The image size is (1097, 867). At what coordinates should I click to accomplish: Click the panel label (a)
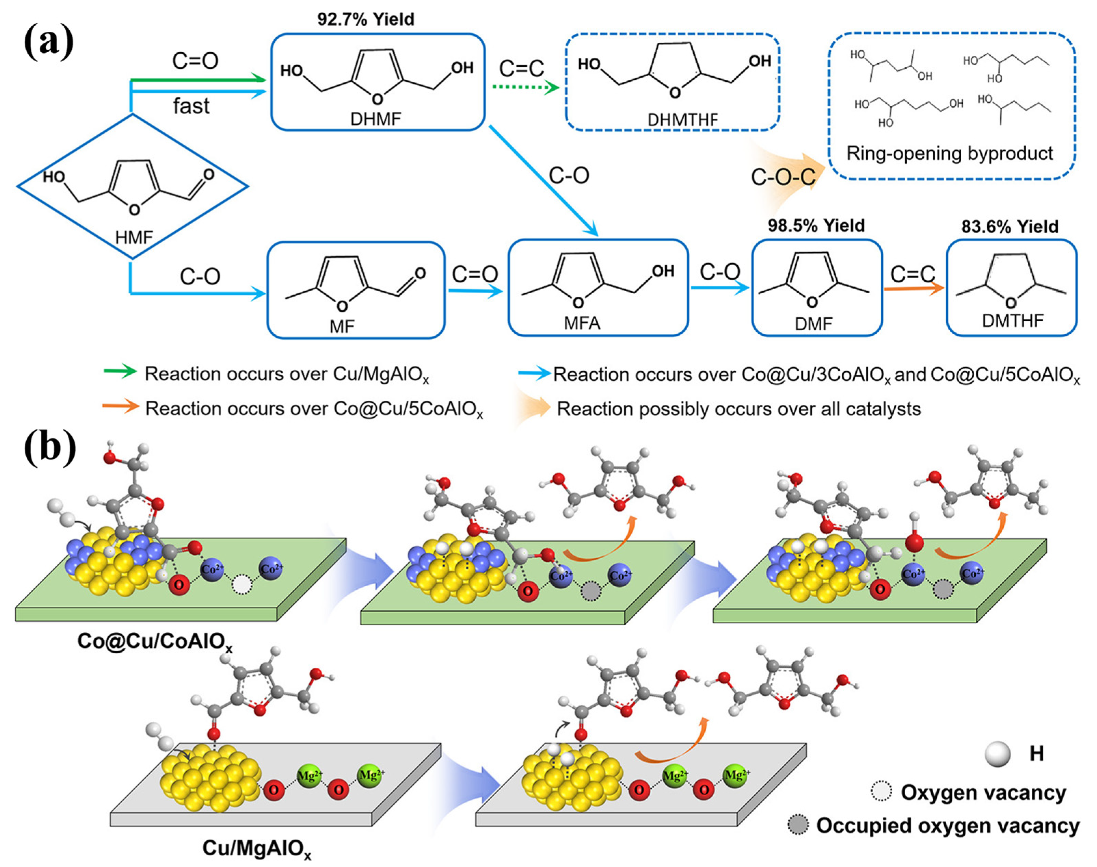(x=49, y=43)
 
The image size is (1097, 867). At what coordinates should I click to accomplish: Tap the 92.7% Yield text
(x=365, y=19)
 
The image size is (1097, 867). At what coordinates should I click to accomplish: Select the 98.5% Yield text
(x=816, y=225)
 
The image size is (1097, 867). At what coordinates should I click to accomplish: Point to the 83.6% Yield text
(x=1010, y=226)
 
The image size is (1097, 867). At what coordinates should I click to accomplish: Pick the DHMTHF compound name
(x=682, y=120)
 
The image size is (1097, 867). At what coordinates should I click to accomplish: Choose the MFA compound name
(x=582, y=323)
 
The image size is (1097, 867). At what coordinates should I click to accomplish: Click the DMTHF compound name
(x=1012, y=320)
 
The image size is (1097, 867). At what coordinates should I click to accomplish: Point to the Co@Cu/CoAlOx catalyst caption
(x=155, y=641)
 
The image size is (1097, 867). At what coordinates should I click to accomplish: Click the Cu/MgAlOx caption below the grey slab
(x=256, y=848)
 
